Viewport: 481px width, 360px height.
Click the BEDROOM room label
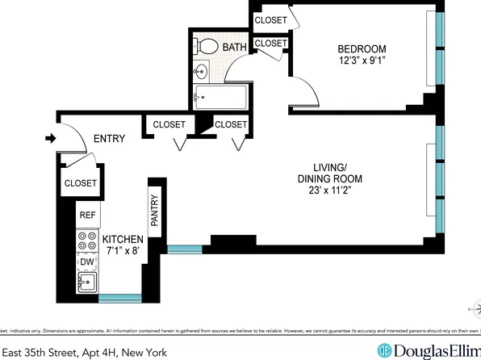[361, 48]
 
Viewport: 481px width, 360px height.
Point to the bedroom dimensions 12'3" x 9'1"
[361, 60]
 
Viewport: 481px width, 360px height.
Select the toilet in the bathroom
[208, 46]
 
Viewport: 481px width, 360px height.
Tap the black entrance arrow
[50, 139]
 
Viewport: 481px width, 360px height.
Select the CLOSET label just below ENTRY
[81, 183]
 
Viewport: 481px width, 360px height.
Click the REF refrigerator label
[87, 216]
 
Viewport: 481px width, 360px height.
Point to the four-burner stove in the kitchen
[86, 240]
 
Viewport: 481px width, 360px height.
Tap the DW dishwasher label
[86, 262]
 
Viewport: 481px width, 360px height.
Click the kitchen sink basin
[86, 283]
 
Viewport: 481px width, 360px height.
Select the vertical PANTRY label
[153, 211]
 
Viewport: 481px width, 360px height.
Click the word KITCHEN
[123, 240]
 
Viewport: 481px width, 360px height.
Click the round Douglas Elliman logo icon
[385, 351]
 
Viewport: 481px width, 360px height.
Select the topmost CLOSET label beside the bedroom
[271, 20]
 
